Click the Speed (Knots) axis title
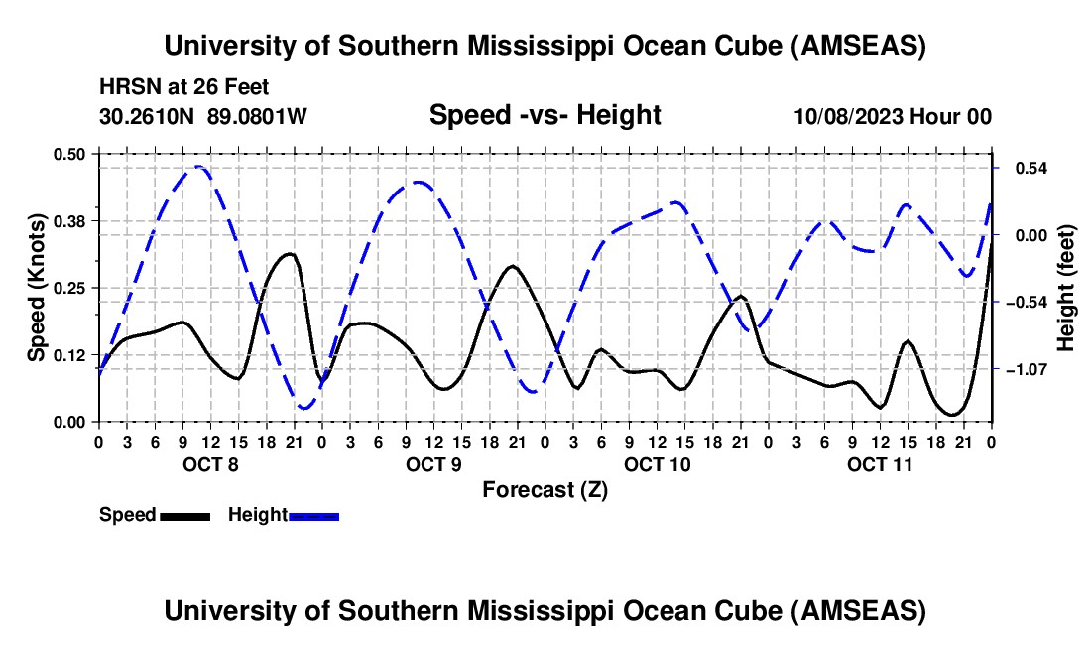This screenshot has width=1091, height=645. (x=36, y=288)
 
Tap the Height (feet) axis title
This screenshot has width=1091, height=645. (x=1065, y=288)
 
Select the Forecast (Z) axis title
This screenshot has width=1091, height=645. (x=545, y=489)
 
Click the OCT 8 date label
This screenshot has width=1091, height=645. (x=209, y=464)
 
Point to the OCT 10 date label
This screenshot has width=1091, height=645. (x=657, y=464)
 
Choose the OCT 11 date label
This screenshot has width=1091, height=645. (x=880, y=464)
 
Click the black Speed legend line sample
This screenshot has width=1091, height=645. (x=183, y=515)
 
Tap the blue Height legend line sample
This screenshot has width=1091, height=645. (x=313, y=515)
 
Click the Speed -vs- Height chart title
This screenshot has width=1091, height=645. (x=545, y=115)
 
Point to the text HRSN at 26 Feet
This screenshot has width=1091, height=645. (x=184, y=88)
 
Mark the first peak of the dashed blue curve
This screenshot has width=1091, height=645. (x=198, y=167)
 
